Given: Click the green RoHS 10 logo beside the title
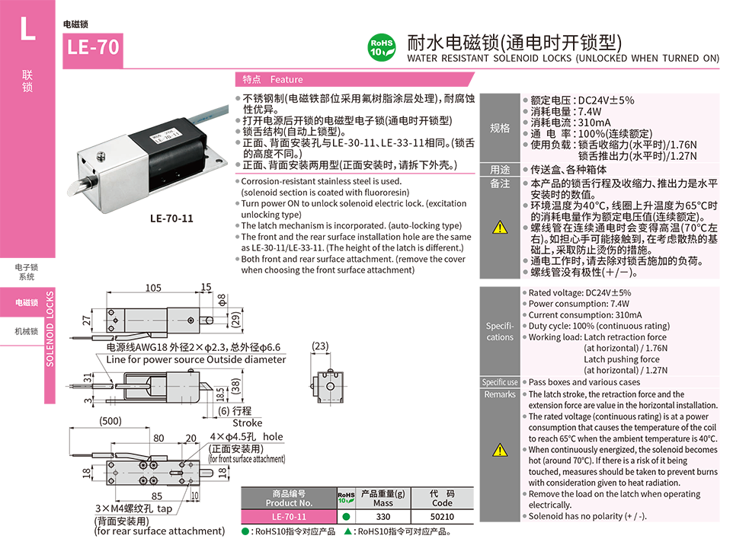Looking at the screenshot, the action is point(382,47).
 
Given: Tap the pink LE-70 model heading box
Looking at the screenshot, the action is point(93,49).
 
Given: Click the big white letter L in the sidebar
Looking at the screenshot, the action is point(27,29).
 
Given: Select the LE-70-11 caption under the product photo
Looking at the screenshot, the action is point(171,218).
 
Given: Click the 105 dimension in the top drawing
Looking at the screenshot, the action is point(153,288).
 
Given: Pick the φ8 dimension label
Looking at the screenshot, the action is point(222,300).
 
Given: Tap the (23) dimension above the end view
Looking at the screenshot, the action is point(320,346).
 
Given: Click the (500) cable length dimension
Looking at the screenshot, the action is point(110,421).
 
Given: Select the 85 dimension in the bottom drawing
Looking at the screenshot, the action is point(157,496).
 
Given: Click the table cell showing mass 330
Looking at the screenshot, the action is point(383,517).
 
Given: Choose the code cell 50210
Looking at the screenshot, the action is point(443,517).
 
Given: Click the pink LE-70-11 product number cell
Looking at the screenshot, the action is point(289,517).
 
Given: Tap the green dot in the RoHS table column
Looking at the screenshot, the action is point(347,517).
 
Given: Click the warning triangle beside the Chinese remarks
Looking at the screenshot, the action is point(500,228).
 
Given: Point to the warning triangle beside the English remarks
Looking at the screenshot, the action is point(500,450).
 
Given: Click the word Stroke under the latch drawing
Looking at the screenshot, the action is point(248,422).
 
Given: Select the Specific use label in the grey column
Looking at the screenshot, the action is point(500,382).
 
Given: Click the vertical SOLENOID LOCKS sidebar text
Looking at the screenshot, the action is point(50,329).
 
